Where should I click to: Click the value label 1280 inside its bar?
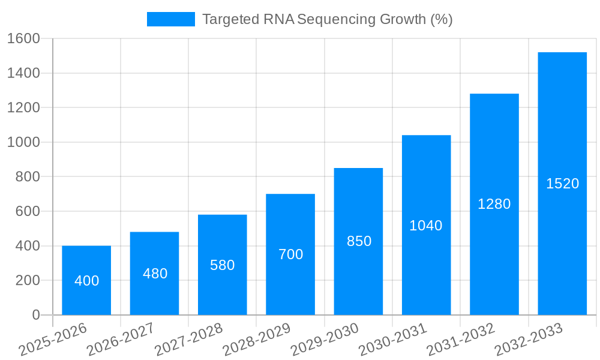coord(494,204)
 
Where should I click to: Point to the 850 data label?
coord(359,241)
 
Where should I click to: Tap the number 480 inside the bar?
coord(155,274)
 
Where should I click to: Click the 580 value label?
coord(222,265)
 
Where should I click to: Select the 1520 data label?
coord(562,184)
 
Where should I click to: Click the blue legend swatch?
coord(171,19)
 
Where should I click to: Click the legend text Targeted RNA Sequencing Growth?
coord(327,19)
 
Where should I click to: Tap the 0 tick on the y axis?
coord(35,315)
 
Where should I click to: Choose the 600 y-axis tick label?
coord(27,211)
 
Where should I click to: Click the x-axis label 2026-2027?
coord(121,339)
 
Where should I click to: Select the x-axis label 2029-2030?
coord(325,339)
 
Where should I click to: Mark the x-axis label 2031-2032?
coord(461,339)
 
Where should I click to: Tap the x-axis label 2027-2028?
coord(188,339)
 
